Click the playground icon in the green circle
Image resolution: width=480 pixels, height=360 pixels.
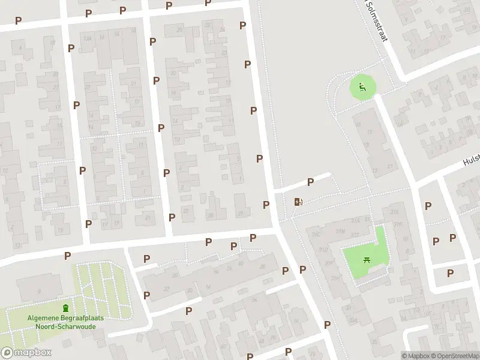[x=361, y=88]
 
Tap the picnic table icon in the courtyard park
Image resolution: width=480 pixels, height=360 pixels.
[x=366, y=260]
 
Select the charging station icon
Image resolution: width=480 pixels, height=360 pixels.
[x=298, y=202]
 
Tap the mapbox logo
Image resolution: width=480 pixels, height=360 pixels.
[x=25, y=353]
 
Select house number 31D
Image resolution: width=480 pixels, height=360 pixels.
[x=323, y=250]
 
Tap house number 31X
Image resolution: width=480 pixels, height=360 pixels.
[x=394, y=212]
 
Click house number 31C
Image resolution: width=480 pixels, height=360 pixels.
[x=316, y=235]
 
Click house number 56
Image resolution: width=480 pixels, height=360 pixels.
[x=254, y=299]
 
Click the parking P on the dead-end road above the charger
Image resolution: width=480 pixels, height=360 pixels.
[x=310, y=182]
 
